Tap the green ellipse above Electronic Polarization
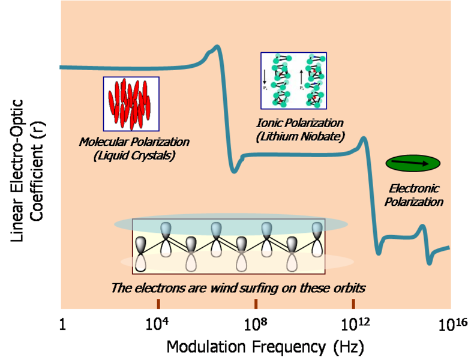click(412, 162)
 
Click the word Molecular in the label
click(103, 142)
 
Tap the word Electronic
click(415, 188)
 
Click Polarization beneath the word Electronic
click(415, 202)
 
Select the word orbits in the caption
click(346, 287)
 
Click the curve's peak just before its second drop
click(362, 140)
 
